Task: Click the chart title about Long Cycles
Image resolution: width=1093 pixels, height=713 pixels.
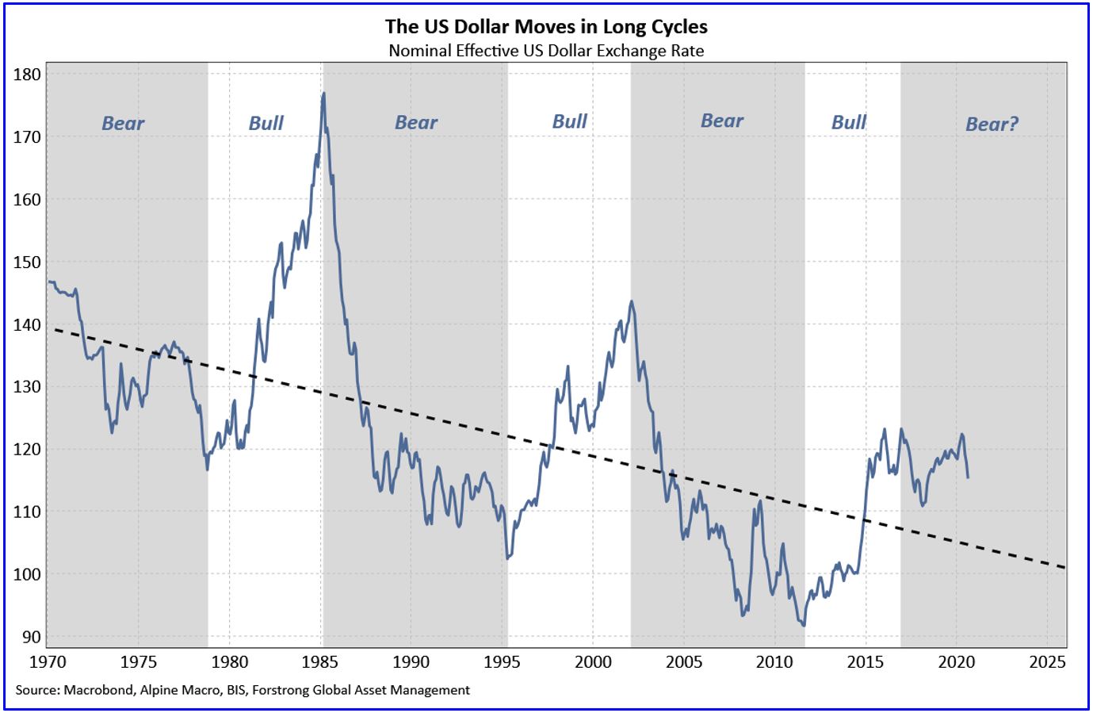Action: point(546,26)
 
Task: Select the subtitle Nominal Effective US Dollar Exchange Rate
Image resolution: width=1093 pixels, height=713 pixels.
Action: point(546,51)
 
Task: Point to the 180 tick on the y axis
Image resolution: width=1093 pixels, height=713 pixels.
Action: point(28,75)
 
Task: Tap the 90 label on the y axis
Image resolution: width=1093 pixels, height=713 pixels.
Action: point(32,637)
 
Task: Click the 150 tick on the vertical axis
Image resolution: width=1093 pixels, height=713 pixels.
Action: point(28,262)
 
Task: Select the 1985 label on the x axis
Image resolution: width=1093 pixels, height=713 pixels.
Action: point(320,662)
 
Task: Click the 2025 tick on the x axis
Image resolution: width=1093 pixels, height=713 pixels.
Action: point(1047,662)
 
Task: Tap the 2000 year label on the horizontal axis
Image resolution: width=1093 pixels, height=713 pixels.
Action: point(593,662)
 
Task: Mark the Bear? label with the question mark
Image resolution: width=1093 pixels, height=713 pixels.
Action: point(992,124)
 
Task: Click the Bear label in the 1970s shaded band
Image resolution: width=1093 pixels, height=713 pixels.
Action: point(123,123)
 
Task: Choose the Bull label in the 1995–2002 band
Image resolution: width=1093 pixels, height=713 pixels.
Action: point(569,121)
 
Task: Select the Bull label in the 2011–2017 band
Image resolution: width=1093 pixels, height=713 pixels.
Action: point(849,122)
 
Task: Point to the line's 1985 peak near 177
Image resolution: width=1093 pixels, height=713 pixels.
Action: point(323,94)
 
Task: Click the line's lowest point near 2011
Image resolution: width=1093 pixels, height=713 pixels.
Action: point(804,626)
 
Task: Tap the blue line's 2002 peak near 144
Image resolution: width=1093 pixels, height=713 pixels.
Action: point(631,301)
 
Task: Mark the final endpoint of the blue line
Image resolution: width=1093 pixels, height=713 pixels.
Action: point(968,477)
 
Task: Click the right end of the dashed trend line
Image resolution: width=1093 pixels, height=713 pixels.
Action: point(1065,567)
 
